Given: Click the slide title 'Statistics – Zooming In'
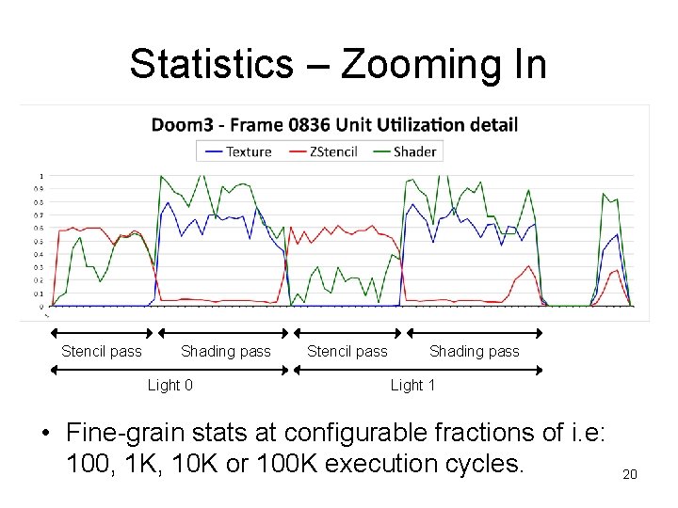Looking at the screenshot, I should click(337, 65).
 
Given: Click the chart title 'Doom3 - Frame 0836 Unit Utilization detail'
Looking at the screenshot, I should click(334, 124).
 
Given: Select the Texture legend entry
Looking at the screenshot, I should click(239, 151).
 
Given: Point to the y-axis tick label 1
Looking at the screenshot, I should click(40, 176).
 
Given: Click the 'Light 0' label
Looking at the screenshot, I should click(170, 385).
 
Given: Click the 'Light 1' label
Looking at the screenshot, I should click(412, 385).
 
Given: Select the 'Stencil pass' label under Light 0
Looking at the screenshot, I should click(102, 352).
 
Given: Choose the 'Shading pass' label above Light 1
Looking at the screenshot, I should click(474, 352).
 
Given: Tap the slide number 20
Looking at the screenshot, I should click(630, 474).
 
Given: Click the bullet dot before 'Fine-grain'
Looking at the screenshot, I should click(44, 434).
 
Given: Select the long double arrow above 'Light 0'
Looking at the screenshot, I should click(169, 369).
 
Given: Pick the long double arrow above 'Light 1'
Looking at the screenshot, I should click(418, 369).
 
